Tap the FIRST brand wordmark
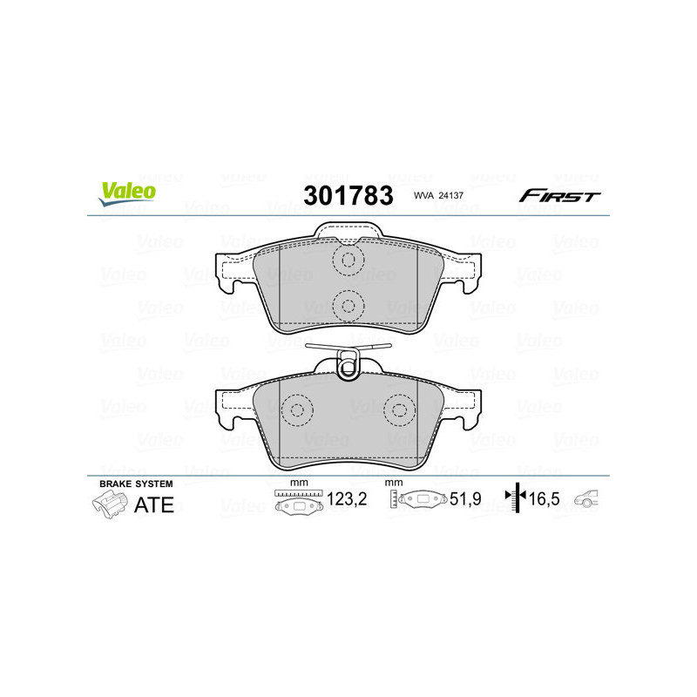559,196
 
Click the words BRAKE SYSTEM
136,484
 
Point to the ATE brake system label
152,504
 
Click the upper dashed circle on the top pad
348,259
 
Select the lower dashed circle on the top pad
348,305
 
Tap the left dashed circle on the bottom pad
298,410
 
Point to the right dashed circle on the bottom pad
400,410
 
